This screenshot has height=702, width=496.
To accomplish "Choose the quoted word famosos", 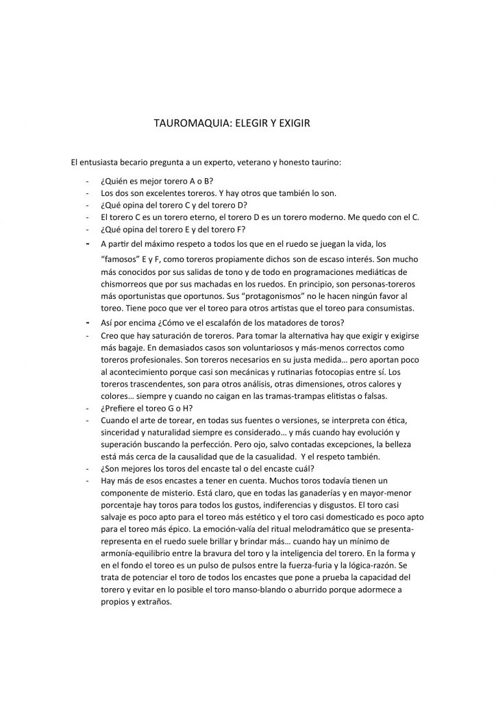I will click(122, 261).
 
